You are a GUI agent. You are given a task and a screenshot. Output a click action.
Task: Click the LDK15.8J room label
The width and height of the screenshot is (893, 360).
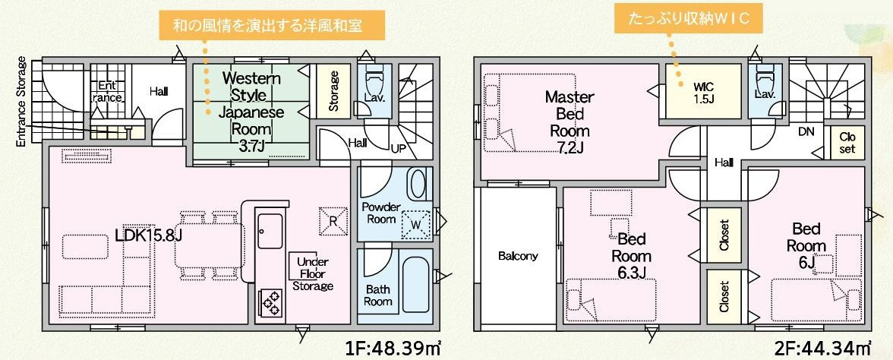[149, 235]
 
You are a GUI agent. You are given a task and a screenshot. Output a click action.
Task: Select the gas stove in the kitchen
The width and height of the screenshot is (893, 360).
[271, 302]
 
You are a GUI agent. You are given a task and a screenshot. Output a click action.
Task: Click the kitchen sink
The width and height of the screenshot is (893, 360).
[270, 230]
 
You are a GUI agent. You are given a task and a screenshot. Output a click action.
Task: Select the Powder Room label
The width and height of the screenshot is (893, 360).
[381, 213]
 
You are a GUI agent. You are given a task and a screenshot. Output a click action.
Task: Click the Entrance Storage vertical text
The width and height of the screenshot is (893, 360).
[21, 102]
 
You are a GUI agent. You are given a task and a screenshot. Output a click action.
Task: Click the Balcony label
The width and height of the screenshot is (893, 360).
[518, 256]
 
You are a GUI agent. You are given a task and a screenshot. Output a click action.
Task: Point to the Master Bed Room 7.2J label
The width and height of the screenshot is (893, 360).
[570, 122]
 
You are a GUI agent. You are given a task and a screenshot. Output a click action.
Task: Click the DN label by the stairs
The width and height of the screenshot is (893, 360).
[806, 131]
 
